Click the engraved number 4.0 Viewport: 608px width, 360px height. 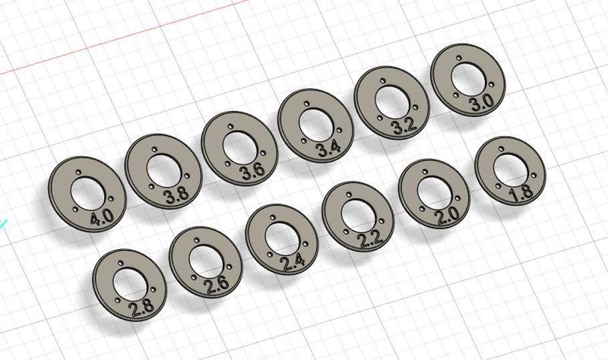coord(101,219)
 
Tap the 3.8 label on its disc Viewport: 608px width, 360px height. coord(176,194)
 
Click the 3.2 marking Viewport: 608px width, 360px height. coord(403,126)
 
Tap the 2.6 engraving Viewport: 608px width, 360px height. coord(216,287)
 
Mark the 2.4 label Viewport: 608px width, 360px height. coord(293,264)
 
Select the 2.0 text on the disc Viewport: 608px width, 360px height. coord(446,216)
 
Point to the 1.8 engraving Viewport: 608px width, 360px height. coord(521,194)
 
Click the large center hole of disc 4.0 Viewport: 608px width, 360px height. coord(84,190)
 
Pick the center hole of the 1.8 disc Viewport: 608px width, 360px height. coord(508,166)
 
